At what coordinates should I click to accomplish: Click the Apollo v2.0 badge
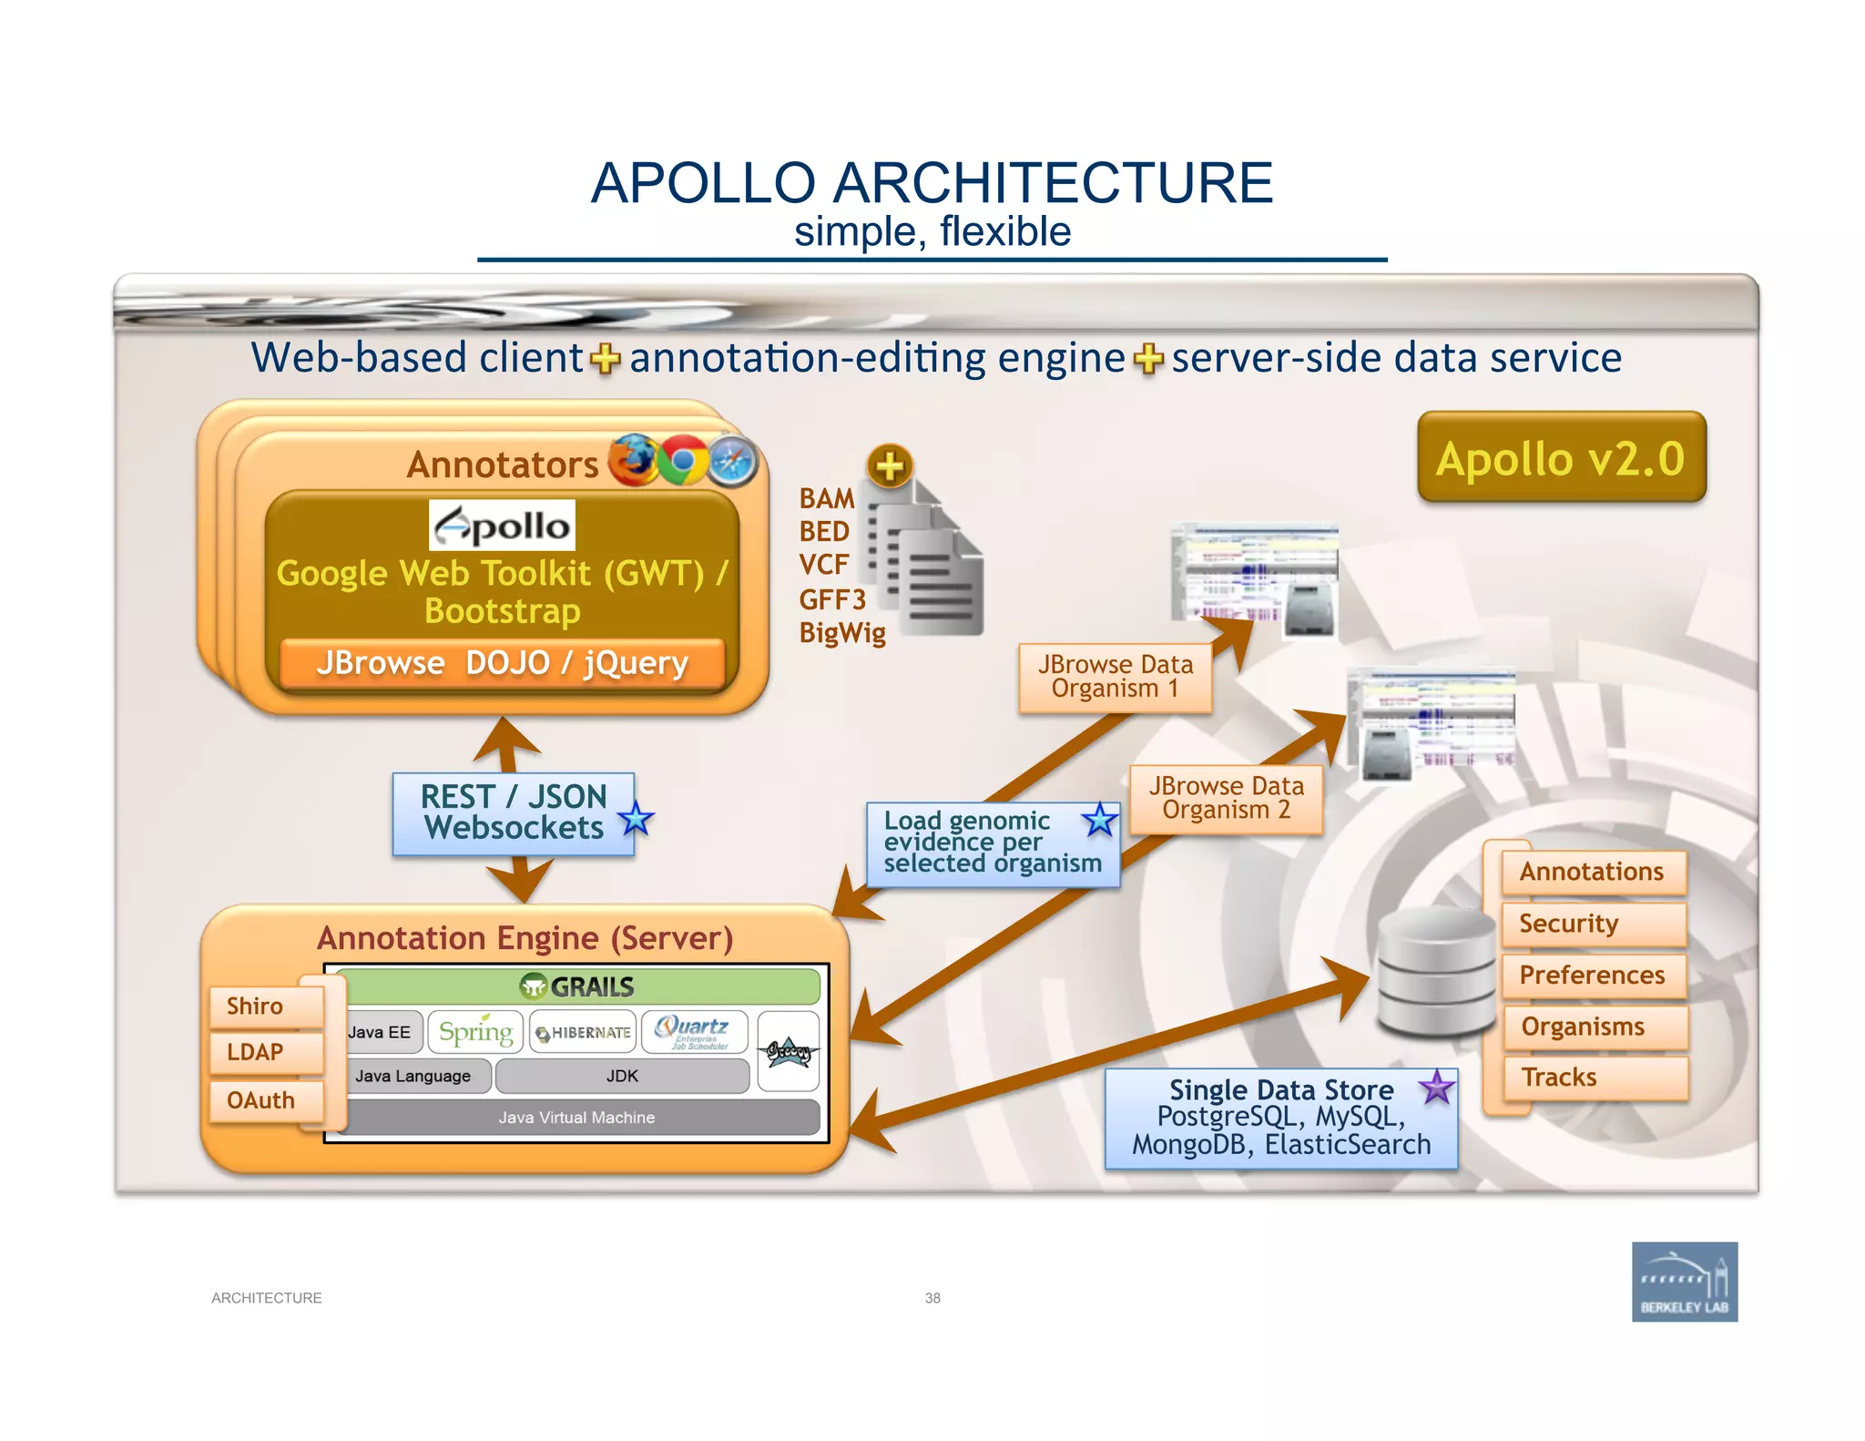1561,457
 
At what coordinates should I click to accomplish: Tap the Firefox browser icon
633,460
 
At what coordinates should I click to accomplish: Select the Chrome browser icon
682,460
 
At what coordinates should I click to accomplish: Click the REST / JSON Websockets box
513,812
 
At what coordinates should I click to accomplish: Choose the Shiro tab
257,1006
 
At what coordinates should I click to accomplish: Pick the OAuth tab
261,1100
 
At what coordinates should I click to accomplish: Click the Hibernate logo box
583,1032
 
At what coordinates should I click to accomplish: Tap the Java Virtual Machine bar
576,1118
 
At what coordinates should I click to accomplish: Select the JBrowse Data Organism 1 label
1115,677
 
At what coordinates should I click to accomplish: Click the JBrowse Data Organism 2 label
1226,798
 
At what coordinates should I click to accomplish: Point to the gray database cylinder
1434,973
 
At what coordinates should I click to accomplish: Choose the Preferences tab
1592,975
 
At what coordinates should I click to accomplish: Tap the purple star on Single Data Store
1437,1087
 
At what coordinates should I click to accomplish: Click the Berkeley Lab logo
1684,1282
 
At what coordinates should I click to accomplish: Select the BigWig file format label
842,632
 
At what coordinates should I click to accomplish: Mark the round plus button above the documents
890,466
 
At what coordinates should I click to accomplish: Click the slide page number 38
932,1298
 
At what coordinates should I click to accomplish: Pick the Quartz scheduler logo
694,1032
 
